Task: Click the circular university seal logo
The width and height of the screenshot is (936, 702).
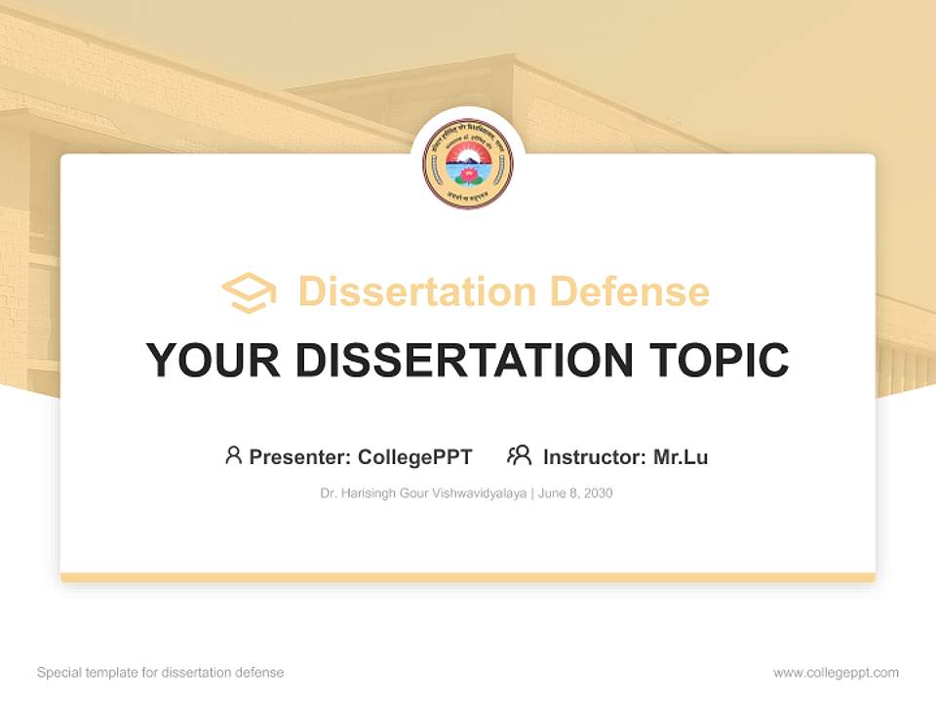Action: click(468, 164)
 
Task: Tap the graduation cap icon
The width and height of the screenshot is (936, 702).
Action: click(249, 292)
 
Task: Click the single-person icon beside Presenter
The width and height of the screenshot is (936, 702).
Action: click(233, 455)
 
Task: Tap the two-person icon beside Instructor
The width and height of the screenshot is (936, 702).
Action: click(519, 455)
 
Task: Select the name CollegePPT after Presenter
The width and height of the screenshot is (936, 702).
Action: click(415, 456)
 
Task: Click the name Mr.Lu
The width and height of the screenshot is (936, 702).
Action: click(681, 456)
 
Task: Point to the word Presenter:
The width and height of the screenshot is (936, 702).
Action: click(300, 456)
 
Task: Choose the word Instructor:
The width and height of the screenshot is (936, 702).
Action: click(595, 456)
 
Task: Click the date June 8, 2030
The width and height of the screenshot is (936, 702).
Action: click(575, 493)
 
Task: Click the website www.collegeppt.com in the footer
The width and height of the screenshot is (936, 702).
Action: click(836, 673)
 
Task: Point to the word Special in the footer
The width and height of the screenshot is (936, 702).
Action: click(57, 673)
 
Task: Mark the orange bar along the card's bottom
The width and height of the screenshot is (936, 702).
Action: click(468, 577)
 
